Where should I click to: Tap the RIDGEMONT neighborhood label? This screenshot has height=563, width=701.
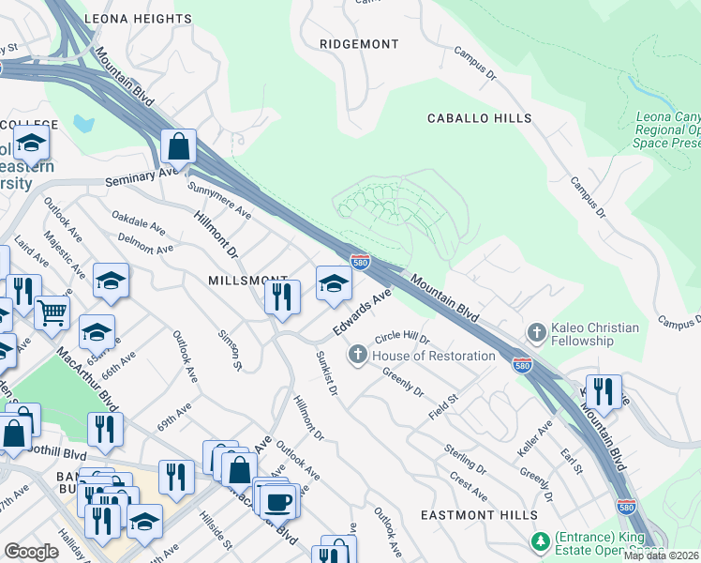359,44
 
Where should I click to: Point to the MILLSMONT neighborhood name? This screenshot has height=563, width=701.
247,281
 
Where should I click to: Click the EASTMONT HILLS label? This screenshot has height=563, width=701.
479,515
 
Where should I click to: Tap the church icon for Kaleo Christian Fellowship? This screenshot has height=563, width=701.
536,331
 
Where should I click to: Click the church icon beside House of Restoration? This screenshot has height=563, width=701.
357,355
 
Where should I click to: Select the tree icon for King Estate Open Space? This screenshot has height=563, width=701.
540,540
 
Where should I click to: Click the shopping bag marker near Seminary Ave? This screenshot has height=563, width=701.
178,147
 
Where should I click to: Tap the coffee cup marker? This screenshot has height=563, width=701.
279,501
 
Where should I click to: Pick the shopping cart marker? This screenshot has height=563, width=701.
52,312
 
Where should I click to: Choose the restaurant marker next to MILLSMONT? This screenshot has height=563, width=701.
281,297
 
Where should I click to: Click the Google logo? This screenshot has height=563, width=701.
32,552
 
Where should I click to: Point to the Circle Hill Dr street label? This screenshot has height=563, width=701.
401,338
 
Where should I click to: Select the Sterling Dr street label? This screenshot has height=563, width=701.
466,459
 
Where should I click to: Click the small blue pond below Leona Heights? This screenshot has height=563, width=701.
83,123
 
